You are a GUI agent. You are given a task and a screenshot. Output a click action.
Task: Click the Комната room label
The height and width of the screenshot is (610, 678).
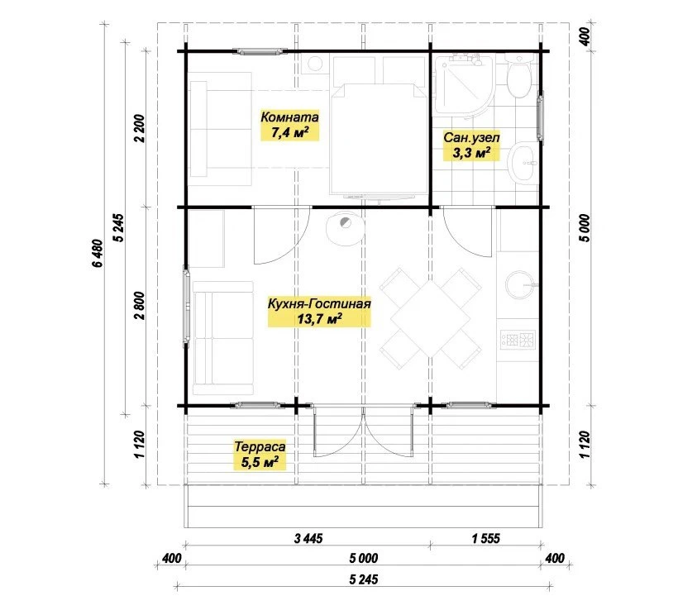point(289,117)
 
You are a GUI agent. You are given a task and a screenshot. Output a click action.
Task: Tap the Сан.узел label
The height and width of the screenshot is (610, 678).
point(471,138)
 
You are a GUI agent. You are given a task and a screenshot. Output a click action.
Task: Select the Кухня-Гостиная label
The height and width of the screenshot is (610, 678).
point(319,303)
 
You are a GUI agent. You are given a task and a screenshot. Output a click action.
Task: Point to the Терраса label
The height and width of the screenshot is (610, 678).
point(260,446)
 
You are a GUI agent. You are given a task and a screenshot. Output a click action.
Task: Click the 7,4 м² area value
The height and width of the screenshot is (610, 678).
point(289,132)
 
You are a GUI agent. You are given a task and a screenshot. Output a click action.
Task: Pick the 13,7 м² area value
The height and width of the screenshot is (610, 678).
point(319,320)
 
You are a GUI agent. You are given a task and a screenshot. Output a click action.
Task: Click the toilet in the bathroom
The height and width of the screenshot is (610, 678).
point(518,76)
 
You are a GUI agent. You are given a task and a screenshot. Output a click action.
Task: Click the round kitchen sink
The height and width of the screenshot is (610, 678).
point(520,285)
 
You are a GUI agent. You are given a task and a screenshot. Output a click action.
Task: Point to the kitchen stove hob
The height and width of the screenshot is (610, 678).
point(518,340)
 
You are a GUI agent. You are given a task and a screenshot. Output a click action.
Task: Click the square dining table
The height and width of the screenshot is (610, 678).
point(431,319)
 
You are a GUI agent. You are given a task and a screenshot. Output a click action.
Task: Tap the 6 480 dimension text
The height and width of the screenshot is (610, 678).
point(98,253)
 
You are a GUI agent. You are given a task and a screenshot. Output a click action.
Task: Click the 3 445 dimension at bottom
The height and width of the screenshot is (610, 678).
point(308,539)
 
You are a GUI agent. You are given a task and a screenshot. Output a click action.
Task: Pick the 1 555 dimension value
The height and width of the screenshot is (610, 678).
point(486,539)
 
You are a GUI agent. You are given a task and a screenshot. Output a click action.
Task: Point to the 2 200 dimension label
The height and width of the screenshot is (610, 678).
point(140,128)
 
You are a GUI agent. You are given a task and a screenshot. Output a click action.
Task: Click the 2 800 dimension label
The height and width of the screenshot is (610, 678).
point(140,306)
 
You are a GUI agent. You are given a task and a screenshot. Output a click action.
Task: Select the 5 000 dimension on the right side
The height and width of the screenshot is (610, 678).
point(585,228)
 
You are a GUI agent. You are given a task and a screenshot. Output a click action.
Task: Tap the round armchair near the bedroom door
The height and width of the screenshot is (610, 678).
point(345,228)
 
